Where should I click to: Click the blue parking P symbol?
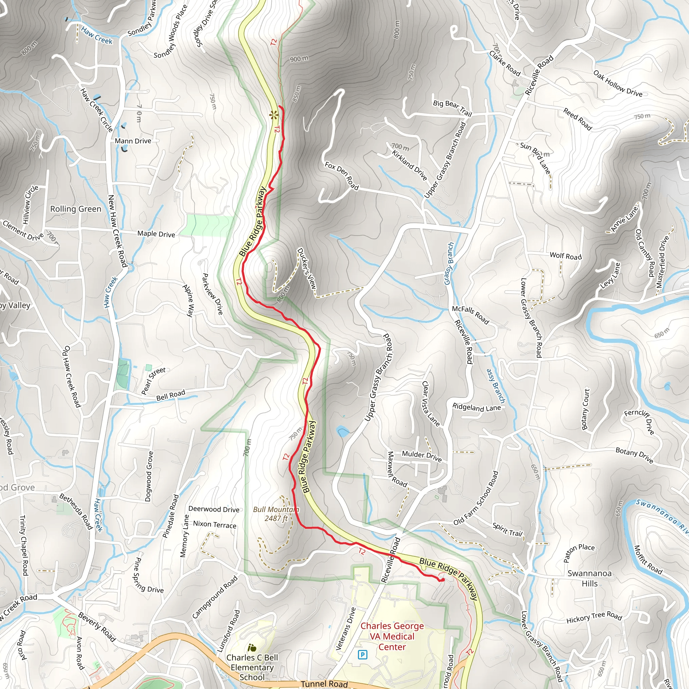click(x=362, y=654)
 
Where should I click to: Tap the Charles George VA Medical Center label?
click(x=392, y=636)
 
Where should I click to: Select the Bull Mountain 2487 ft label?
click(x=276, y=514)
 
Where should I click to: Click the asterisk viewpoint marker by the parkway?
click(x=274, y=115)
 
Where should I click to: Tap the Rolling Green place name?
click(x=76, y=209)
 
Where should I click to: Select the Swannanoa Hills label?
click(x=589, y=578)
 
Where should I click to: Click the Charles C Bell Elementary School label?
click(x=252, y=667)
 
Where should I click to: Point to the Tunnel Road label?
click(x=324, y=684)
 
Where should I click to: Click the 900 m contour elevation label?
click(x=299, y=59)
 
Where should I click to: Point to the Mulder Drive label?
click(x=422, y=456)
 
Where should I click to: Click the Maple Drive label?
click(x=156, y=234)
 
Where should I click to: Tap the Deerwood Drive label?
click(x=214, y=509)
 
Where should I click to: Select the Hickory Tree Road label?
click(x=594, y=618)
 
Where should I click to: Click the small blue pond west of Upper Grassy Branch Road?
click(x=343, y=432)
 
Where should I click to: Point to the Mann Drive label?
click(x=133, y=141)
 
